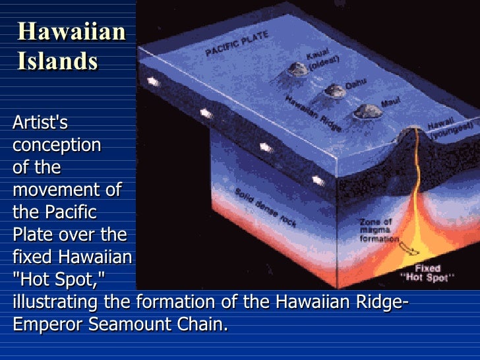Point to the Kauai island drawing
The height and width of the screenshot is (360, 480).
coord(298,69)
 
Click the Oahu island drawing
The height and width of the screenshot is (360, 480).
coord(334,90)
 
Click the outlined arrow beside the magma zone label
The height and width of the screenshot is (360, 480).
coord(409,249)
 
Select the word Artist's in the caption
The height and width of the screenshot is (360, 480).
coord(40,122)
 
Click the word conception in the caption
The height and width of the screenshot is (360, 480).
coord(57,144)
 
